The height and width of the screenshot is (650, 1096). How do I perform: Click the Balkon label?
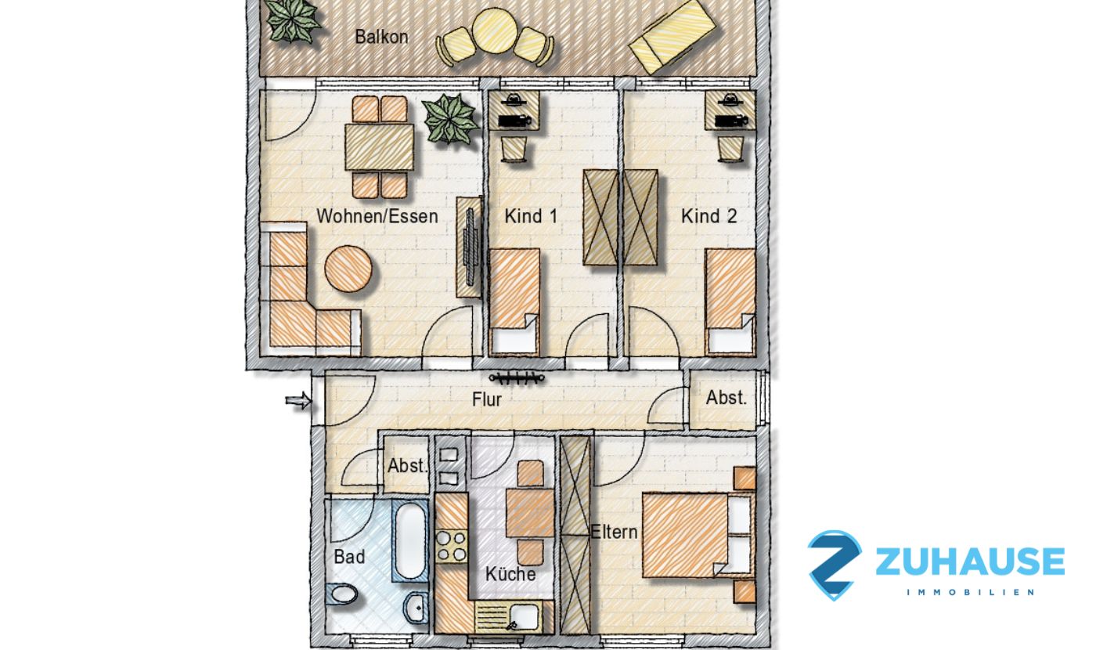click(381, 37)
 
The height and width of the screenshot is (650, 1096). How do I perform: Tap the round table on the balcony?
click(493, 31)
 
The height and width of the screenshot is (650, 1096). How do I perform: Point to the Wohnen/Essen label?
click(377, 216)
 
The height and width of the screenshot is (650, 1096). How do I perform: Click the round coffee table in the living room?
click(348, 269)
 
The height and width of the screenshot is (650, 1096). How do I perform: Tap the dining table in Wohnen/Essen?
click(379, 147)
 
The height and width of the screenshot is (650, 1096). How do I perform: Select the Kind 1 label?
click(531, 216)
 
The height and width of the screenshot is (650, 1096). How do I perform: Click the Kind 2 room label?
click(709, 216)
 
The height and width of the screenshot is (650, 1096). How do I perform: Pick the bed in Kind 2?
click(730, 301)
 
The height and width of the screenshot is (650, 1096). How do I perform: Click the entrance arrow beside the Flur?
click(298, 401)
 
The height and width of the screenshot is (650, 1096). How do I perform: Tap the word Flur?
click(486, 400)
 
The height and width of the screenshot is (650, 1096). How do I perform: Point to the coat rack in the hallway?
click(517, 377)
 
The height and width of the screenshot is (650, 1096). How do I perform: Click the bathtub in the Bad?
click(410, 540)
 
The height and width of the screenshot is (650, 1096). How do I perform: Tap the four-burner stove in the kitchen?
click(451, 547)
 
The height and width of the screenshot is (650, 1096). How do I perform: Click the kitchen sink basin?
click(524, 616)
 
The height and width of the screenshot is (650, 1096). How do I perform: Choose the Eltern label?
click(614, 532)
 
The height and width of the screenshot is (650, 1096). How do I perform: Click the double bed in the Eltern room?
click(696, 535)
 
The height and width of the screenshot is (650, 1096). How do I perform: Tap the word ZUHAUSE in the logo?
click(970, 561)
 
